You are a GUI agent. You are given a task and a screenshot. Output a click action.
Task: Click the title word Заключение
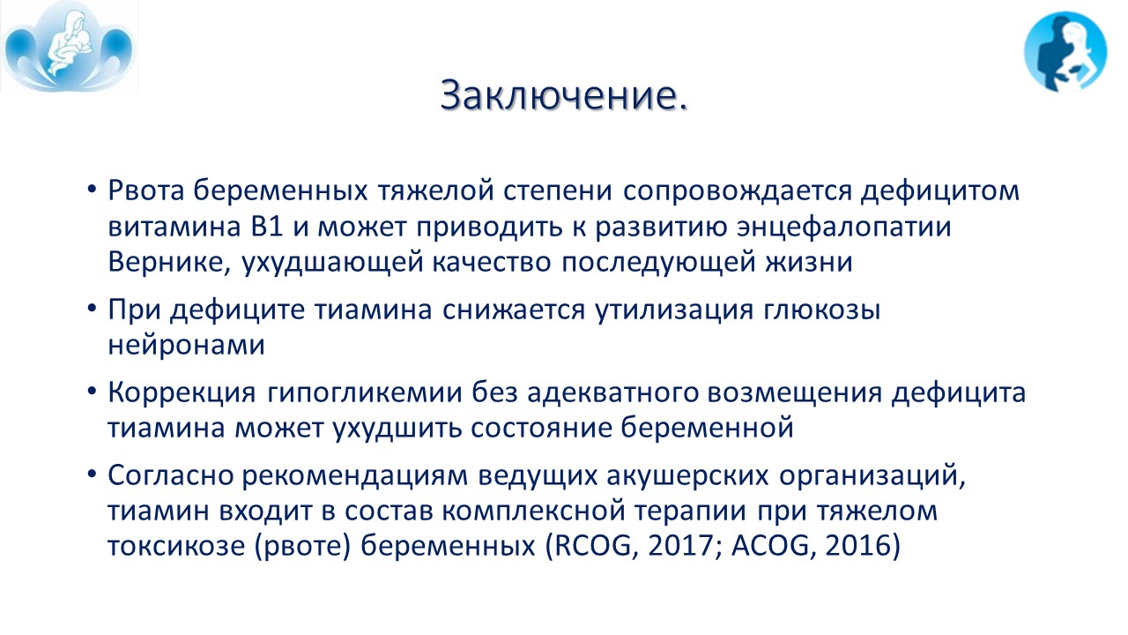click(564, 94)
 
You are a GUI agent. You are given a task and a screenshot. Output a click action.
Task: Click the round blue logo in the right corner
click(1065, 52)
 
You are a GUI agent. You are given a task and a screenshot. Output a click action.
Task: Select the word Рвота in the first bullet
click(146, 190)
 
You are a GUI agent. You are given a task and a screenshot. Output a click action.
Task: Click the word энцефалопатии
click(844, 228)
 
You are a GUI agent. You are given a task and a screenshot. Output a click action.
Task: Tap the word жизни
click(809, 262)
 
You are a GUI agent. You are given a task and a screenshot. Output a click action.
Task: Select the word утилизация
click(674, 310)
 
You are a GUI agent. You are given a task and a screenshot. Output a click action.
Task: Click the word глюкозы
click(822, 310)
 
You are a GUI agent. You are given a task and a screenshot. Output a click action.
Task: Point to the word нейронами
click(186, 346)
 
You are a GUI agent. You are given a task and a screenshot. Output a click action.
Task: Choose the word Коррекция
click(182, 393)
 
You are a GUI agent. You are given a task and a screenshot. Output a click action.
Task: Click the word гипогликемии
click(365, 393)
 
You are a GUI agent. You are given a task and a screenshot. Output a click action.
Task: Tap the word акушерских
click(687, 476)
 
